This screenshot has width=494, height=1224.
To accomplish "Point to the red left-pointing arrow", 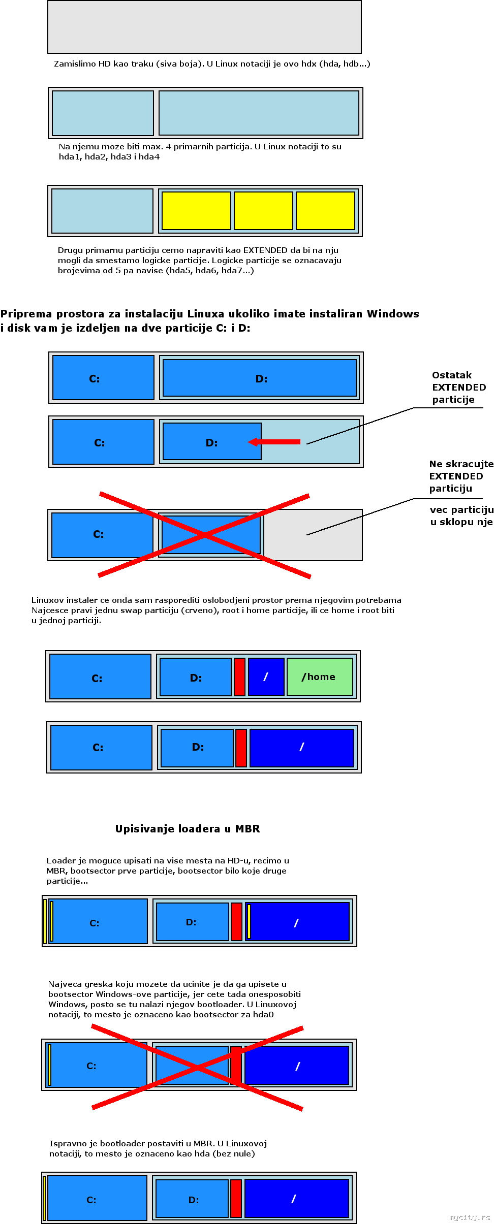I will click(x=275, y=442).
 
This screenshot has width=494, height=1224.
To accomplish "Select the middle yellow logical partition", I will click(x=263, y=211).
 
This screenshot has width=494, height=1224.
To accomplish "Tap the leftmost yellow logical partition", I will click(x=196, y=211).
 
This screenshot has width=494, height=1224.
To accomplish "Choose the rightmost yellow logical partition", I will click(x=325, y=211).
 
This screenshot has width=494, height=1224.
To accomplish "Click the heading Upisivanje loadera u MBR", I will click(x=188, y=829).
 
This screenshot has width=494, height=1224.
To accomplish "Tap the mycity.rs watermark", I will click(x=470, y=1217).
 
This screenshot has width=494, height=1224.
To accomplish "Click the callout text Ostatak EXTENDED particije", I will click(x=458, y=388).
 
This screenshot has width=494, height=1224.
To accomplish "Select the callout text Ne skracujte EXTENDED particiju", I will click(x=460, y=476).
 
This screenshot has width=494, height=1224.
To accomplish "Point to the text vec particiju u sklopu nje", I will click(x=461, y=516).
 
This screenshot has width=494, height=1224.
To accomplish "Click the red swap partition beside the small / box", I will click(x=239, y=677).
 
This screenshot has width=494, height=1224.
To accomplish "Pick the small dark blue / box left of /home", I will click(x=266, y=677).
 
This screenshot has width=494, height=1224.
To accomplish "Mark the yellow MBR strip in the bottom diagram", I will click(x=45, y=1198).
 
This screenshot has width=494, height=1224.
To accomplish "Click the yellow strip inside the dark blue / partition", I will click(x=249, y=921).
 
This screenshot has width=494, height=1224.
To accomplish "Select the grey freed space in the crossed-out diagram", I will click(x=313, y=535).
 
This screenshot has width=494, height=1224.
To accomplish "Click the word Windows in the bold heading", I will click(x=393, y=314).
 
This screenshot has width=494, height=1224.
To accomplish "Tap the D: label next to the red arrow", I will click(x=211, y=443).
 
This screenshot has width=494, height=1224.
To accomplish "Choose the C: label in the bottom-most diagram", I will click(x=91, y=1200).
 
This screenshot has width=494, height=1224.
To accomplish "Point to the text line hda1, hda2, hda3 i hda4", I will click(x=109, y=157).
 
